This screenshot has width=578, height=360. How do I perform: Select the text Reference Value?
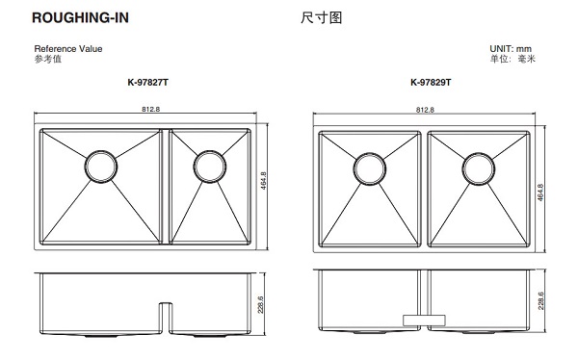coord(68,48)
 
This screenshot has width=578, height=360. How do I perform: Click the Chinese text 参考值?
coord(47,59)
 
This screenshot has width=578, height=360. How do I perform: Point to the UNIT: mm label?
coord(511,48)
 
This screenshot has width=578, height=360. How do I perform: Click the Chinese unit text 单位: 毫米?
coord(511,59)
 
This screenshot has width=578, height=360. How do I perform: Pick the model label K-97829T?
coord(424,83)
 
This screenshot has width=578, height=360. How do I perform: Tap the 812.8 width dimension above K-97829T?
coord(425,109)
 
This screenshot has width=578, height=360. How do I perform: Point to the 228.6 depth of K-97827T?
coord(263,306)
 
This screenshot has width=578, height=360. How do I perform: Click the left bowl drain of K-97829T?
coord(370,168)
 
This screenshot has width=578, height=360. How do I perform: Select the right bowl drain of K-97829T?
coord(477,168)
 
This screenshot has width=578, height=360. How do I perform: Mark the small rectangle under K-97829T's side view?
coord(423,316)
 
